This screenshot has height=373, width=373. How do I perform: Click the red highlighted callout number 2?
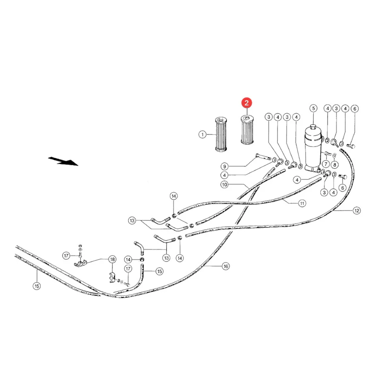[x=247, y=103]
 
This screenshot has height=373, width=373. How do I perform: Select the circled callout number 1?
[x=202, y=135]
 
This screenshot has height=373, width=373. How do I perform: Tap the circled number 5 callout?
[x=313, y=109]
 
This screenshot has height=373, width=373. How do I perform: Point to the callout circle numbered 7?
[x=326, y=164]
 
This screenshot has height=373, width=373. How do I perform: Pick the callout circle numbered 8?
[x=334, y=165]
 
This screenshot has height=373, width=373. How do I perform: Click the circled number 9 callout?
[x=225, y=166]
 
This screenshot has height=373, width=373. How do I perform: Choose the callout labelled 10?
[x=225, y=184]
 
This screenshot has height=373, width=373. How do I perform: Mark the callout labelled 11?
[x=302, y=203]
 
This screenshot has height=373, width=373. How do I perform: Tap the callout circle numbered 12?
[x=356, y=211]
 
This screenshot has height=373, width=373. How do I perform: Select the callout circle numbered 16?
[x=226, y=266]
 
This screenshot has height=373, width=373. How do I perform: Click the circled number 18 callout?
[x=112, y=259]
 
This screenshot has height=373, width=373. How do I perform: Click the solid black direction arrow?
[x=63, y=161]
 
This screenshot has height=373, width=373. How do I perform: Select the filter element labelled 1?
[x=221, y=134]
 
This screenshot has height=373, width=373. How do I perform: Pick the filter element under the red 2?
[x=247, y=130]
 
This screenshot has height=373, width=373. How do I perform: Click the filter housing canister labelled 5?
[x=313, y=149]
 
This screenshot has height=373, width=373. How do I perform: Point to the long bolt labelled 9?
[x=263, y=157]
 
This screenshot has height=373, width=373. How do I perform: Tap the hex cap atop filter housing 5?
[x=313, y=126]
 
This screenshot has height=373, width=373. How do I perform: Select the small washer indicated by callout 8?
[x=334, y=155]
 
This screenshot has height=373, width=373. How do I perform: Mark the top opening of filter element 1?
[x=221, y=119]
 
